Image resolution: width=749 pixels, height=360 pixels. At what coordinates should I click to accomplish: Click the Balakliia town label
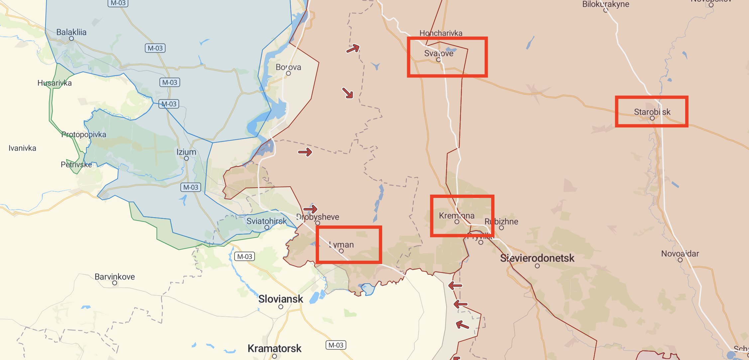(71, 32)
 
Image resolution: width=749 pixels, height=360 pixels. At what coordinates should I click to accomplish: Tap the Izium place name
(186, 152)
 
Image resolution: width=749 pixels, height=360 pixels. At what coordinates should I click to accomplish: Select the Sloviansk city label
(280, 299)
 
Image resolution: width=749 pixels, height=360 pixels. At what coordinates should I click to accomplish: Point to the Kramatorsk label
(274, 348)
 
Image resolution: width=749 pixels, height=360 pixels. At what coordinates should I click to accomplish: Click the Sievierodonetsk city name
(537, 258)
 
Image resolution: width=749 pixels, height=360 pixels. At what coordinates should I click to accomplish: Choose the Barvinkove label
(115, 277)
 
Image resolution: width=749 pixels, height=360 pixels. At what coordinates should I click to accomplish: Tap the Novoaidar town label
(680, 254)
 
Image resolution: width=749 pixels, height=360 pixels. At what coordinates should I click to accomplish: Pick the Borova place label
(288, 67)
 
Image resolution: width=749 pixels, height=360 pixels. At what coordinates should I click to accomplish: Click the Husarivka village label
(54, 83)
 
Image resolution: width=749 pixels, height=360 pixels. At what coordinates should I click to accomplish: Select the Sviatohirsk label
(266, 221)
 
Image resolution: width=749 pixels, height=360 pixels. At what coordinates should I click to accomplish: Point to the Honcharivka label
(441, 33)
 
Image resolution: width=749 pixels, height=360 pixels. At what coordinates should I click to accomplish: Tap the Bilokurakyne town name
(605, 4)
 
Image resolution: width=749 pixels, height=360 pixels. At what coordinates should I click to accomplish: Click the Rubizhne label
(501, 222)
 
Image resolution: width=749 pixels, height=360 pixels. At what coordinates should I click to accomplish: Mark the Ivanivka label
(22, 148)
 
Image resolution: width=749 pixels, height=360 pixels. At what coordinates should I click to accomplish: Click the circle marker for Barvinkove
(115, 283)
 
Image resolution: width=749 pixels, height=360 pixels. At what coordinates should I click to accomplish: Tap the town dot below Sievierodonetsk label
(537, 266)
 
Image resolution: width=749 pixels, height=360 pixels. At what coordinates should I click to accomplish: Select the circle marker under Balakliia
(71, 39)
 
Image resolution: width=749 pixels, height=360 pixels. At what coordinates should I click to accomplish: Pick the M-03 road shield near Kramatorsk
(336, 345)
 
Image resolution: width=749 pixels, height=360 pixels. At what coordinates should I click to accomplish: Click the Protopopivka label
(84, 135)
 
